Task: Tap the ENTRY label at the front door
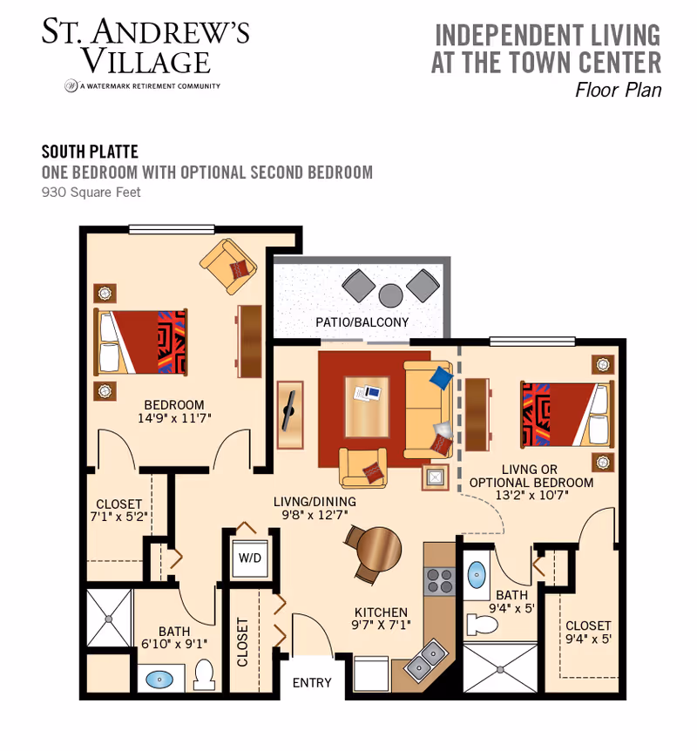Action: (x=312, y=682)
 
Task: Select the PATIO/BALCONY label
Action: (x=362, y=322)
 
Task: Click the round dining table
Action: (x=378, y=548)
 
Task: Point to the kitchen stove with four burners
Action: (x=437, y=580)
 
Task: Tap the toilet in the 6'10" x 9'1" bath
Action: (x=205, y=674)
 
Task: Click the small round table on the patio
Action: (x=390, y=294)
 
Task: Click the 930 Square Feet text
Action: (x=91, y=193)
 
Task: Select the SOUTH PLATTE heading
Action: (x=90, y=152)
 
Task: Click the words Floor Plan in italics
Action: (x=618, y=91)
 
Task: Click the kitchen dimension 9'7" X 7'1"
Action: (x=382, y=625)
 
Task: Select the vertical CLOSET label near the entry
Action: (x=243, y=642)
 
